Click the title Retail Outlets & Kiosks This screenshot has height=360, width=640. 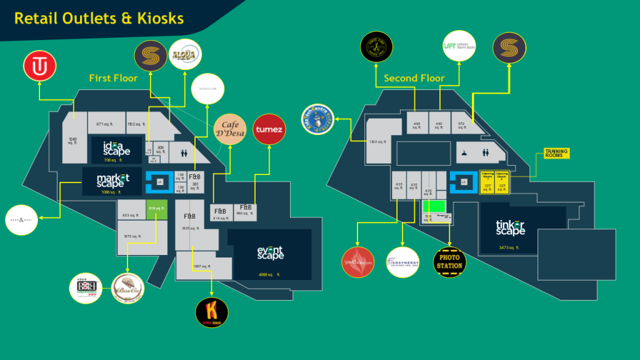coord(99,19)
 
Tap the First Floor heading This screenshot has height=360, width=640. coord(113,78)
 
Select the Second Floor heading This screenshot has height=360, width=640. coord(414,78)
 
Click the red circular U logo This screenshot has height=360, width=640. coord(40,67)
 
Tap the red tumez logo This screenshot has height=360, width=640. coord(269,130)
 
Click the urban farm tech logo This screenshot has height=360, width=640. coord(459,46)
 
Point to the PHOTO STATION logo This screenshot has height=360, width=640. coord(449,262)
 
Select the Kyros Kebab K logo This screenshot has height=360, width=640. coord(211,312)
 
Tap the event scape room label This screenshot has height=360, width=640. coord(270,253)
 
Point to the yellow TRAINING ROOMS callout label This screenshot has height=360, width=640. coord(556,153)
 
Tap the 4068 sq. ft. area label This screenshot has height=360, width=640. coord(269,274)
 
